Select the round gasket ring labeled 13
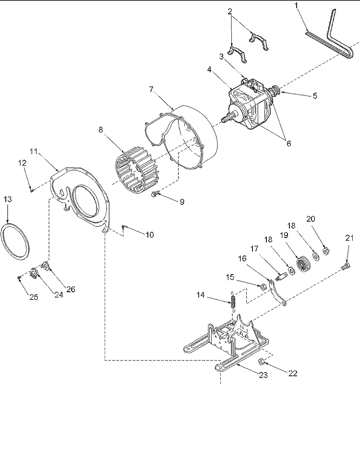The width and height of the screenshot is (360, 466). (16, 241)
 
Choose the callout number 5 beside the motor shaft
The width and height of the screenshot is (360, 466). (315, 96)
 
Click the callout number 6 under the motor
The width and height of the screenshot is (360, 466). (288, 143)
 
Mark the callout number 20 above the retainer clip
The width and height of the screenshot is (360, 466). (311, 219)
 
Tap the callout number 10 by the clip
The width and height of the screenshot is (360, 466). (150, 235)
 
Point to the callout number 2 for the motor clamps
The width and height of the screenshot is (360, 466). (230, 11)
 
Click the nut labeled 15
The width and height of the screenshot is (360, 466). (263, 287)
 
